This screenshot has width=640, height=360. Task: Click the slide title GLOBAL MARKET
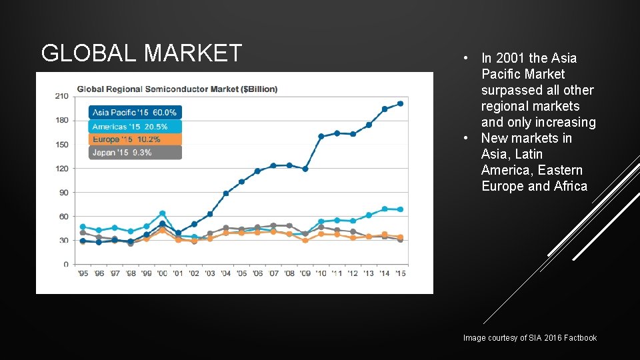click(141, 53)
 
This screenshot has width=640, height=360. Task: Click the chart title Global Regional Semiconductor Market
click(177, 89)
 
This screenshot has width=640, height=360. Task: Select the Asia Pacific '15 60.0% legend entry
click(135, 113)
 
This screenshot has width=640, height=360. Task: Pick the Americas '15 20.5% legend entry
click(135, 126)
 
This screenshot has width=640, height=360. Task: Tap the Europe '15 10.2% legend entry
click(135, 139)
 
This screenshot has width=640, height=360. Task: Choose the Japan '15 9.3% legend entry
click(135, 153)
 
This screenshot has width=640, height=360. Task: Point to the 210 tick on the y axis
click(61, 96)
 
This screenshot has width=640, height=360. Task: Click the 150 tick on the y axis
click(61, 144)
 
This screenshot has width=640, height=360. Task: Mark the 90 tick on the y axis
click(63, 192)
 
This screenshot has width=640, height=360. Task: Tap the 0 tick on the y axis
click(65, 264)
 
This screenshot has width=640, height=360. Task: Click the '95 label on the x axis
click(83, 273)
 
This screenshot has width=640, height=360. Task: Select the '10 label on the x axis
click(321, 273)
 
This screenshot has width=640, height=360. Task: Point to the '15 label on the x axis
click(401, 273)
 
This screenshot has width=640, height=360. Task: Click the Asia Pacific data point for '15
click(401, 103)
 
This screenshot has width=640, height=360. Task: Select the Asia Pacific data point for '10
click(321, 136)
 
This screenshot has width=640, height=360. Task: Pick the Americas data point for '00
click(162, 213)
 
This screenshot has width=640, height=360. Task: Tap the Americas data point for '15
click(401, 209)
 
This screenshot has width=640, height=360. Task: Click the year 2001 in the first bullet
click(511, 59)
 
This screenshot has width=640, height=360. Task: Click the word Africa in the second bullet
click(571, 187)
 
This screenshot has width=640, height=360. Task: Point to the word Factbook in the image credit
click(581, 338)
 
